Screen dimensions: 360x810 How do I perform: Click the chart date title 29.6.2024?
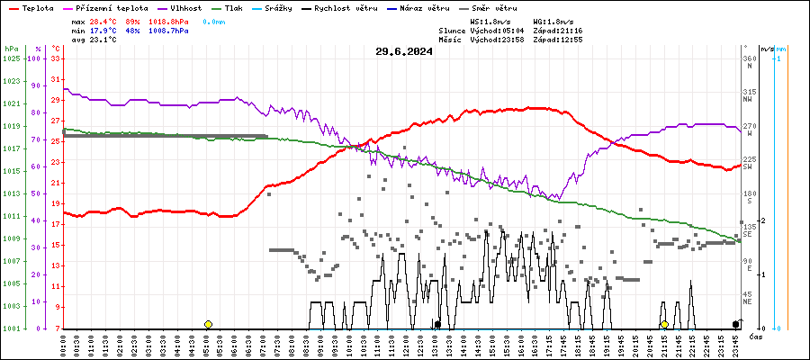pyautogui.click(x=404, y=51)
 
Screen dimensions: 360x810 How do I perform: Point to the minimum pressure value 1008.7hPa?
pyautogui.click(x=168, y=30)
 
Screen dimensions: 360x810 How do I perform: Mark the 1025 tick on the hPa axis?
pyautogui.click(x=11, y=58)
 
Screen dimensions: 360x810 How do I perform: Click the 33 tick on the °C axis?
pyautogui.click(x=56, y=58)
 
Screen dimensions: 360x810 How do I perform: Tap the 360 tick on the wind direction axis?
pyautogui.click(x=749, y=58)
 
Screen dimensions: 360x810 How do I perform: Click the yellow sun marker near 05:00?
pyautogui.click(x=208, y=324)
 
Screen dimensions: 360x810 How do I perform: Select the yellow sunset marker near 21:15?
pyautogui.click(x=664, y=324)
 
